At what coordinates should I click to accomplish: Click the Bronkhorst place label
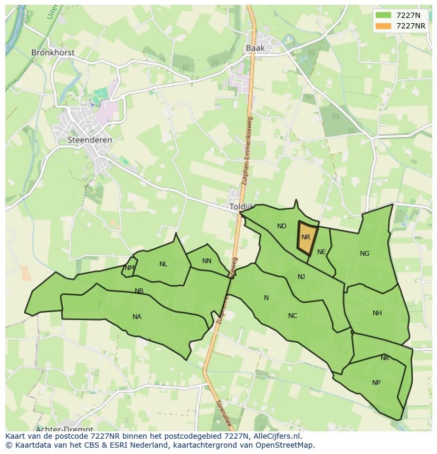tap(53, 53)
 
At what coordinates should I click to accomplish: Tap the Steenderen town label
tap(90, 140)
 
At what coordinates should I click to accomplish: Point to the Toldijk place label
tap(241, 207)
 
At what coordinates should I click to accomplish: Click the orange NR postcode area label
tap(306, 237)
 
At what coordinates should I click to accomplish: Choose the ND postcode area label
tap(282, 226)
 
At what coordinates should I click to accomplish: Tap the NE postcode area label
tap(321, 252)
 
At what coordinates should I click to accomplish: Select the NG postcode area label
tap(365, 254)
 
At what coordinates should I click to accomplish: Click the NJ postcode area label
tap(301, 277)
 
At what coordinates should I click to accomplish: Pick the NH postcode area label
tap(377, 313)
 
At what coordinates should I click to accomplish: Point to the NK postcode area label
tap(385, 358)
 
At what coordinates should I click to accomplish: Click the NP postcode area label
tap(376, 383)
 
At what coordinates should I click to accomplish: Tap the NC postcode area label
tap(292, 316)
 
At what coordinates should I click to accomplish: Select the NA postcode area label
tap(137, 317)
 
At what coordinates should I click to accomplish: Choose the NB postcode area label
tap(139, 291)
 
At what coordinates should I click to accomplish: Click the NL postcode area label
tap(164, 264)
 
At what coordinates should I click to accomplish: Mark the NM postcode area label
tap(129, 268)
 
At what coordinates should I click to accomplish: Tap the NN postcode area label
tap(206, 261)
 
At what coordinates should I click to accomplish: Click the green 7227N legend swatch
tap(384, 15)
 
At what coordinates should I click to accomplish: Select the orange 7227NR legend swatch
tap(384, 26)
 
